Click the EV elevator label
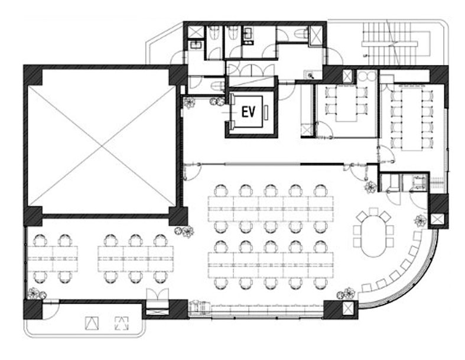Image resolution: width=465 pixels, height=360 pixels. tap(248, 112)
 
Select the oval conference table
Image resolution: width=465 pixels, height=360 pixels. tap(373, 236)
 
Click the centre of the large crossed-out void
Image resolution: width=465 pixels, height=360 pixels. tap(102, 145)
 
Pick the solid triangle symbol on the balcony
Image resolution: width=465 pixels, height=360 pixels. tap(92, 323)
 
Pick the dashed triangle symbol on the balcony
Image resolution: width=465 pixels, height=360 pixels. tap(122, 323)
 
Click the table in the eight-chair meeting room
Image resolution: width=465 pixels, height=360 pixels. tap(346, 103)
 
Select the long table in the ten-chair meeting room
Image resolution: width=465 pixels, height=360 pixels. tap(412, 119)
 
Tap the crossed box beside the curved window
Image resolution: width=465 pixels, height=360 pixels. tap(437, 220)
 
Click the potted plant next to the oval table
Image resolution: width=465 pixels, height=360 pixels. tap(420, 221)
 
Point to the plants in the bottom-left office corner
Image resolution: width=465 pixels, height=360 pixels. tap(37, 293)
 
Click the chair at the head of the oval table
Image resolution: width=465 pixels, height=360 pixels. tap(373, 212)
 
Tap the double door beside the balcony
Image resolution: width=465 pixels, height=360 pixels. tap(158, 297)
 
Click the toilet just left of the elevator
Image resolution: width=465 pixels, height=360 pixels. tap(217, 86)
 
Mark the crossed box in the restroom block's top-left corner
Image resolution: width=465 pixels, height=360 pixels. tap(196, 32)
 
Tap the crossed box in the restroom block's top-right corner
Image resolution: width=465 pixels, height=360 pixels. tap(316, 35)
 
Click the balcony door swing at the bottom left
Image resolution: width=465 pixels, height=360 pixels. tap(51, 310)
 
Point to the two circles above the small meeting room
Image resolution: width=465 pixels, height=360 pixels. tap(366, 76)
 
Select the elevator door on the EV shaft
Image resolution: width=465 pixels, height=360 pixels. tap(232, 112)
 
